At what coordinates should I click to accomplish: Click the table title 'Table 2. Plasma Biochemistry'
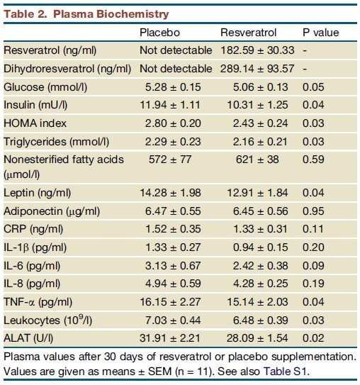coord(86,14)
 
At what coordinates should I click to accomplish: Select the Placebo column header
coord(159,33)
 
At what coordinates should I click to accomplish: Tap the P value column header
coord(321,33)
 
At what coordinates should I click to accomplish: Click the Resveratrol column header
coord(248,33)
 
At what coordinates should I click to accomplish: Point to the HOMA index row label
coord(35,123)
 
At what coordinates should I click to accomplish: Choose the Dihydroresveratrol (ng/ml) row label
coord(67,69)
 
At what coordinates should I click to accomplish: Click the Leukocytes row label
coord(48,320)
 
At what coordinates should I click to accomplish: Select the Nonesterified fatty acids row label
coord(64,167)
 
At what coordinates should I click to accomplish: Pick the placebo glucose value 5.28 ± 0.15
coord(173,87)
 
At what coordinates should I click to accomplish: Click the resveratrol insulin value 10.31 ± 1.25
coord(257,105)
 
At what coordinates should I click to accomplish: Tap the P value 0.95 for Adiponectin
coord(313,211)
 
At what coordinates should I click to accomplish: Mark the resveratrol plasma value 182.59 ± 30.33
coord(257,50)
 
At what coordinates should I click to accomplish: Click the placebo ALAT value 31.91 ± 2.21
coord(170,338)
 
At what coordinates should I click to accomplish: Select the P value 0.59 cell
coord(313,160)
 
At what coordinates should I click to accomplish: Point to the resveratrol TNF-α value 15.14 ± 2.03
coord(257,302)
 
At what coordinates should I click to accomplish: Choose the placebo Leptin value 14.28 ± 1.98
coord(170,193)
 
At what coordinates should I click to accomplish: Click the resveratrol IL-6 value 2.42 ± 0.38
coord(260,266)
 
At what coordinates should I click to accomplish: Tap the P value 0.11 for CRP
coord(313,229)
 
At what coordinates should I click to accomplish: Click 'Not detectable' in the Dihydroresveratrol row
coord(176,69)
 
